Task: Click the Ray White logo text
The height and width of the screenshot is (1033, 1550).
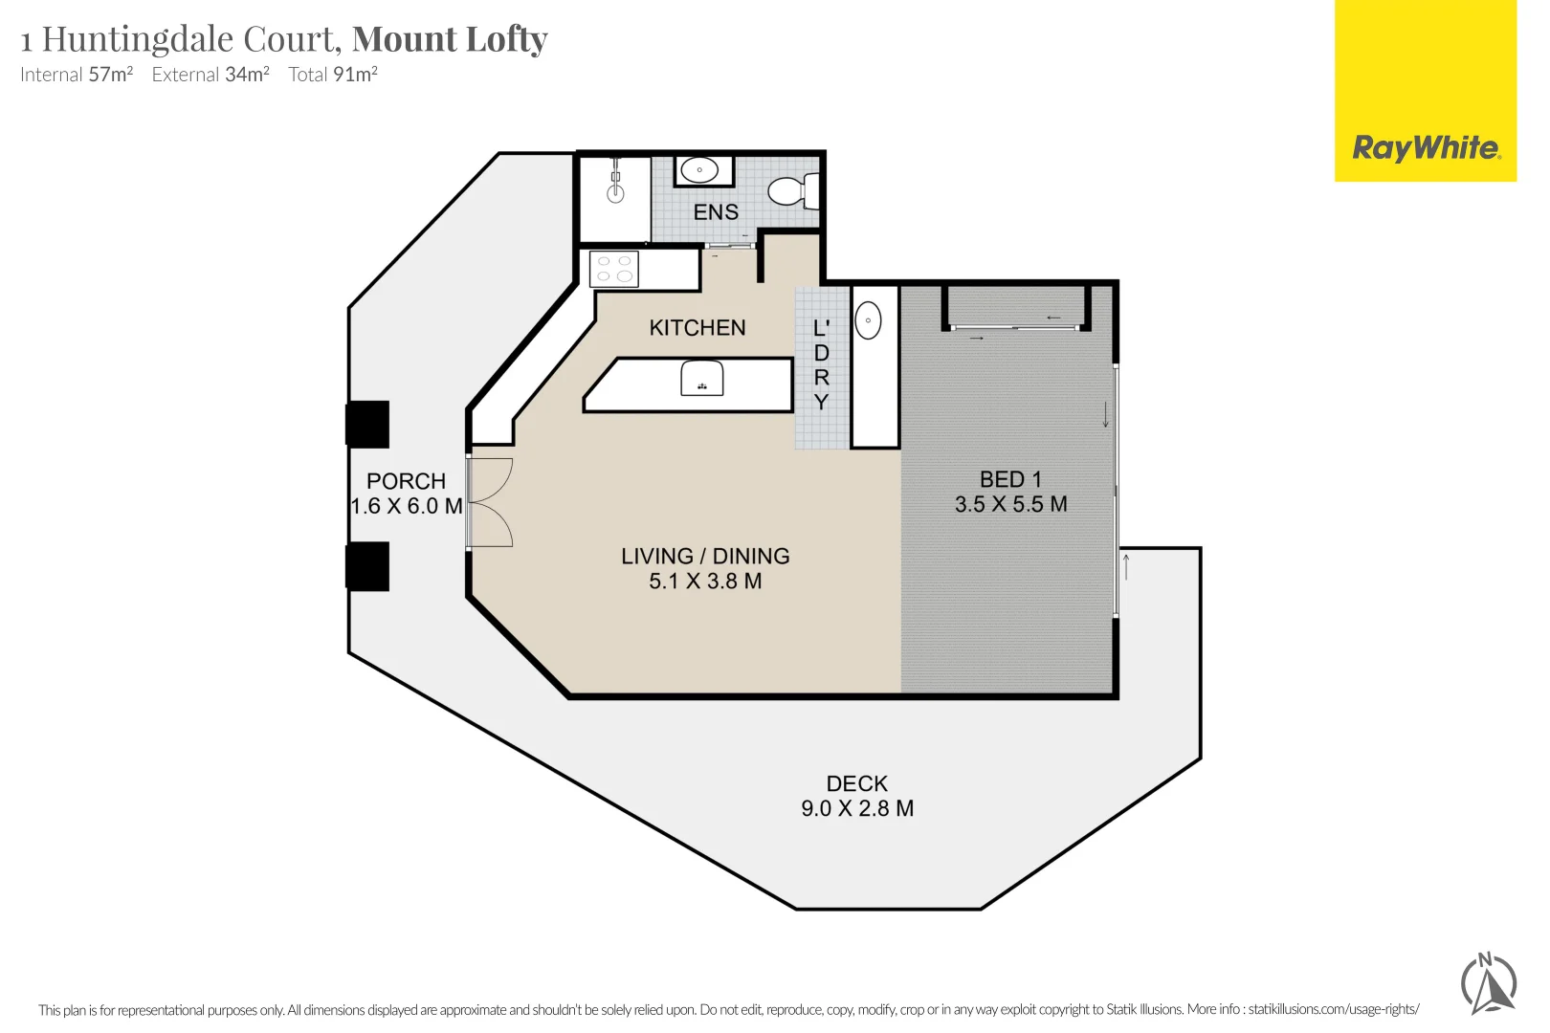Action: pos(1426,148)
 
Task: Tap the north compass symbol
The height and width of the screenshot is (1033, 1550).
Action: pos(1489,982)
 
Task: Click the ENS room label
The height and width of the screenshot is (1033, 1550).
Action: pos(716,212)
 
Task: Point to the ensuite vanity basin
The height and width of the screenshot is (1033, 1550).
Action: pos(700,172)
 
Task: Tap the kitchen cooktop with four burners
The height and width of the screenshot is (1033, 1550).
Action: pos(614,269)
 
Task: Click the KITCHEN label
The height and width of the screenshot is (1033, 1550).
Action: pos(697,328)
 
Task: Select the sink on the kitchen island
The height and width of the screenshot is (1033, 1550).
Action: pos(702,379)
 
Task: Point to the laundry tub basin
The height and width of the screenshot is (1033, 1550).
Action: pos(868,321)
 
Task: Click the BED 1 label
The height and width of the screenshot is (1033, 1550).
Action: pos(1010,479)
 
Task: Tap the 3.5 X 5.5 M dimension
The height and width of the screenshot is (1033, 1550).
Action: pos(1010,504)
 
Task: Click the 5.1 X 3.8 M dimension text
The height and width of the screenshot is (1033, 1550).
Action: pos(705,582)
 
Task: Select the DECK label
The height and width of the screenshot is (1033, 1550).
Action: pos(857,784)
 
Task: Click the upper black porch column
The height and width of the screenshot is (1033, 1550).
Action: pos(367,425)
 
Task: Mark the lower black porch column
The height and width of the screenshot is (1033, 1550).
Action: pos(367,566)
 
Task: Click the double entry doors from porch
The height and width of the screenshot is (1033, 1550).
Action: pos(489,503)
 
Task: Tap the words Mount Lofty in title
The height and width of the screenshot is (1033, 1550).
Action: pos(450,39)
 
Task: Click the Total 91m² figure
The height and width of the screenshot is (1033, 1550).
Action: pos(333,75)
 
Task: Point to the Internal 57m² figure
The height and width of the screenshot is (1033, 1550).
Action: pos(77,75)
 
